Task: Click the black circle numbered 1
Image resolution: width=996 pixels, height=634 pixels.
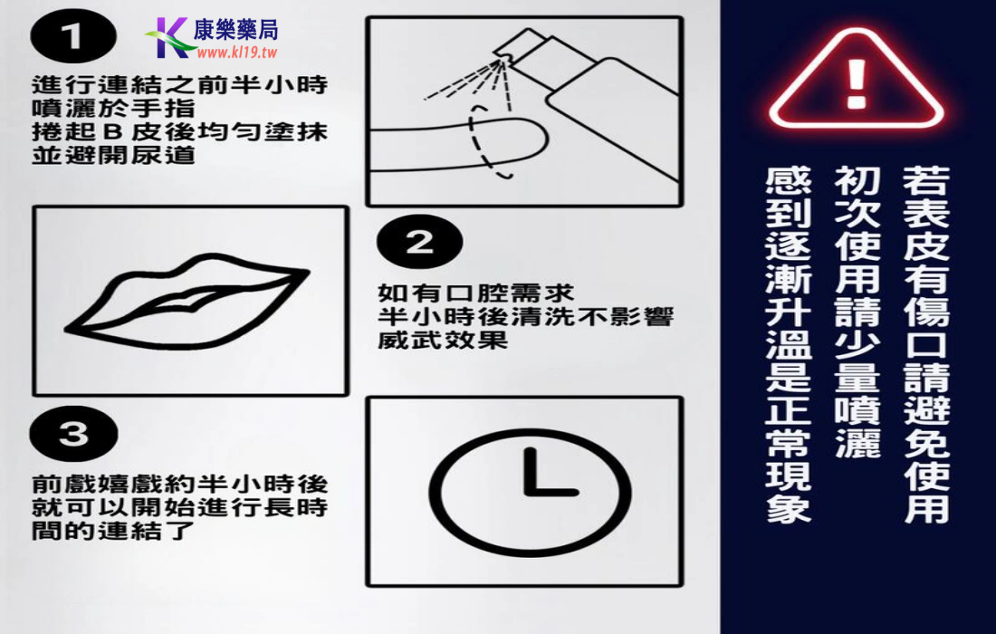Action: pos(73,36)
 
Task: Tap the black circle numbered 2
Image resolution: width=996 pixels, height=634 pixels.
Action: pos(419,242)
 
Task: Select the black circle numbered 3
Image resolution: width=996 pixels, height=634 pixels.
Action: pos(73,433)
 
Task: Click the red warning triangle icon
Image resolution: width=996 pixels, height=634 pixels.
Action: pos(857,80)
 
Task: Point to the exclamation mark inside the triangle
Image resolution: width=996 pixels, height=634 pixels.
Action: pos(857,83)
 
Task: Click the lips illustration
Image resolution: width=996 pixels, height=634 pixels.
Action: pos(187,301)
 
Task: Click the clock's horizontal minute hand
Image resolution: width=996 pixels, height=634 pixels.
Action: pos(551,491)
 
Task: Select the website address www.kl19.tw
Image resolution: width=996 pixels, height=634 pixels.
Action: pos(237,53)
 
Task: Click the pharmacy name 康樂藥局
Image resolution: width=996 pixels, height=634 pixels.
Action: pos(235,29)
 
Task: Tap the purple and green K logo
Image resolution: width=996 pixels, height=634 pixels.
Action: pos(169,38)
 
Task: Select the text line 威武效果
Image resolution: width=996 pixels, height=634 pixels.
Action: pos(443,340)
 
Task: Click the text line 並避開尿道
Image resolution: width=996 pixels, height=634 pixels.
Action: pos(113,155)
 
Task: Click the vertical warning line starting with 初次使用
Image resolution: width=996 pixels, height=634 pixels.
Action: pos(857,312)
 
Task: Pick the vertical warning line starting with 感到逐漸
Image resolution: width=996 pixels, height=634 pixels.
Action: pos(789,344)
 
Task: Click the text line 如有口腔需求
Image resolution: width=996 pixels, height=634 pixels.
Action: pos(475,293)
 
